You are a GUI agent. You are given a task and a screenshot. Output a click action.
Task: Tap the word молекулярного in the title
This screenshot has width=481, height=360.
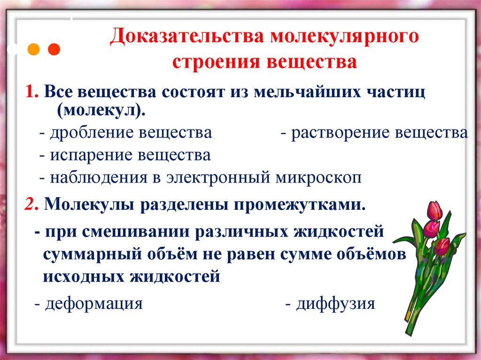pos(343,38)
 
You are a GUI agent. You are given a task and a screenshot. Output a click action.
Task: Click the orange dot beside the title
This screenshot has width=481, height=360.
pos(34,49)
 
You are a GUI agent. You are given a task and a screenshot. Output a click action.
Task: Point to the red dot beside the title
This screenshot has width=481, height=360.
pos(54,49)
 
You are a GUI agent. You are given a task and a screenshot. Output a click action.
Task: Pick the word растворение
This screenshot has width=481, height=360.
pos(341,133)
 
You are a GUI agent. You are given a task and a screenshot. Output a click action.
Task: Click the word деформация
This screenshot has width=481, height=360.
pos(94,304)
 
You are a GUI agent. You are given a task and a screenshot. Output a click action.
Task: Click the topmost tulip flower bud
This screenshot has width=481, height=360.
pos(435,211)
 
